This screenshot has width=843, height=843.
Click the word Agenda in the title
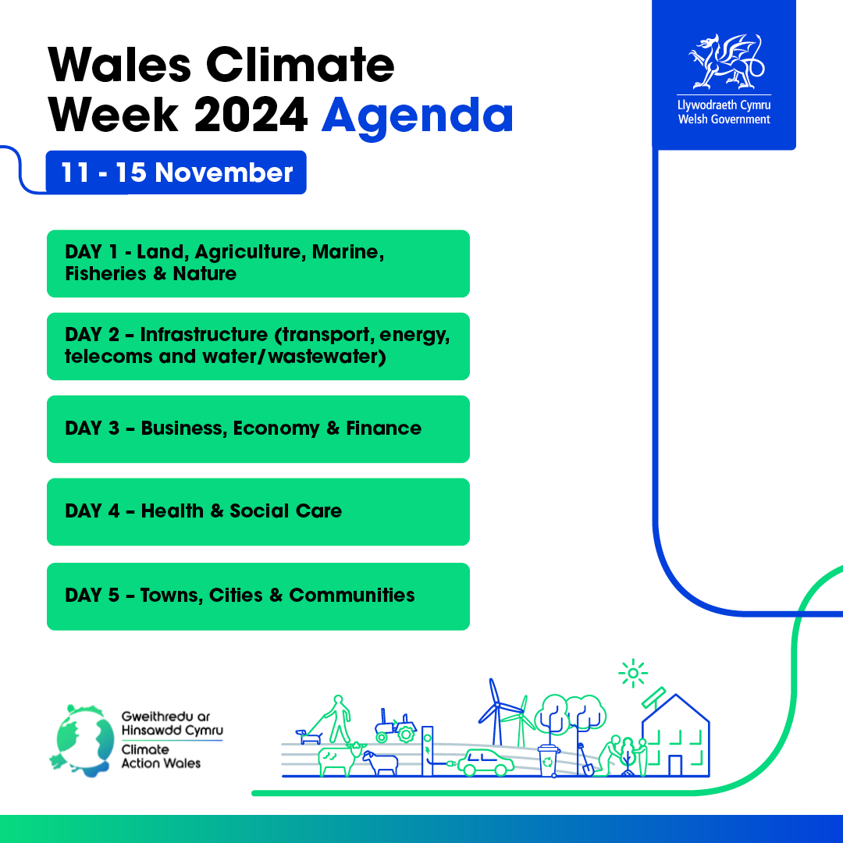point(417,116)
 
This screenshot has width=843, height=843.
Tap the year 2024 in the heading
point(251,115)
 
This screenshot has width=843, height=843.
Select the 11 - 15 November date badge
point(176,173)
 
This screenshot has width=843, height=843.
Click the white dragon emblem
point(727,62)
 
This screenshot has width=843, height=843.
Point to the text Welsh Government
point(724,119)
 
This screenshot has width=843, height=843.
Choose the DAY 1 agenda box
point(258,264)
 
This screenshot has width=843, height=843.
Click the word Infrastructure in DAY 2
point(204,334)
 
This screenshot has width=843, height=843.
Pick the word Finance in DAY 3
point(383,428)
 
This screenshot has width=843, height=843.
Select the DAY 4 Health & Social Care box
point(258,512)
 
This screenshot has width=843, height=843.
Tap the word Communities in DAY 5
point(351,595)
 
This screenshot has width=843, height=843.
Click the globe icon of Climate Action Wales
point(82,741)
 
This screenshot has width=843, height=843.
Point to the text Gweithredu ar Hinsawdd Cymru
point(172,723)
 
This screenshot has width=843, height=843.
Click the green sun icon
point(633,673)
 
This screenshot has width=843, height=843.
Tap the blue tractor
point(396,727)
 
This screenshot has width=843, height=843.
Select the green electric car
point(486,763)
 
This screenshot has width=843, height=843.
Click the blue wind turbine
point(497,713)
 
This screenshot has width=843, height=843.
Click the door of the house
point(675,766)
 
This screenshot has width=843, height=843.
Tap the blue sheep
point(381,763)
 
